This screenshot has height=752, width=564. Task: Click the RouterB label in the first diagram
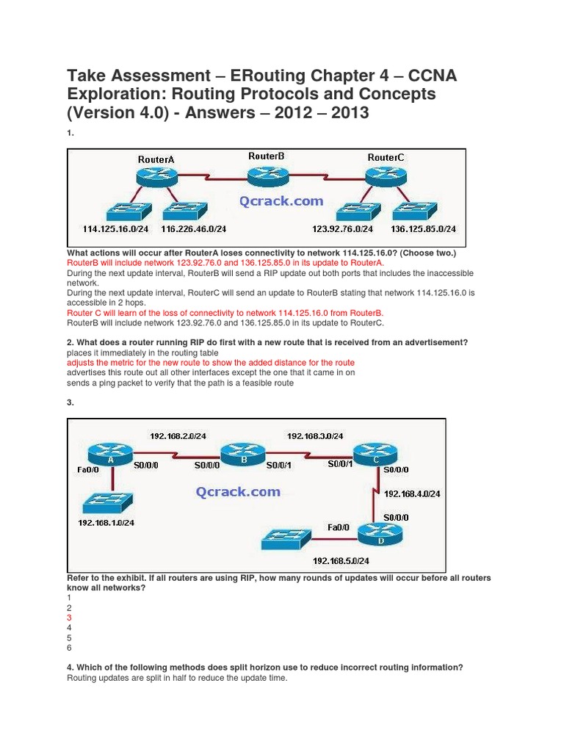pyautogui.click(x=266, y=156)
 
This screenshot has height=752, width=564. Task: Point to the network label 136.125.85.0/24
pyautogui.click(x=422, y=228)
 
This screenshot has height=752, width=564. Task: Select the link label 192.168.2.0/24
pyautogui.click(x=178, y=435)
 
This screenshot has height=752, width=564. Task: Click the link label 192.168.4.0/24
pyautogui.click(x=412, y=493)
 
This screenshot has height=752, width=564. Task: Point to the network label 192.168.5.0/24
pyautogui.click(x=339, y=560)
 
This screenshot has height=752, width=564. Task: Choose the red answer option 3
pyautogui.click(x=69, y=618)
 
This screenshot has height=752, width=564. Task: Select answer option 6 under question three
pyautogui.click(x=69, y=648)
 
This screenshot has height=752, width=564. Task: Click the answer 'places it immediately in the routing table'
pyautogui.click(x=132, y=352)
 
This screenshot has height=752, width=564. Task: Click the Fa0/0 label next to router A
pyautogui.click(x=84, y=466)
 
